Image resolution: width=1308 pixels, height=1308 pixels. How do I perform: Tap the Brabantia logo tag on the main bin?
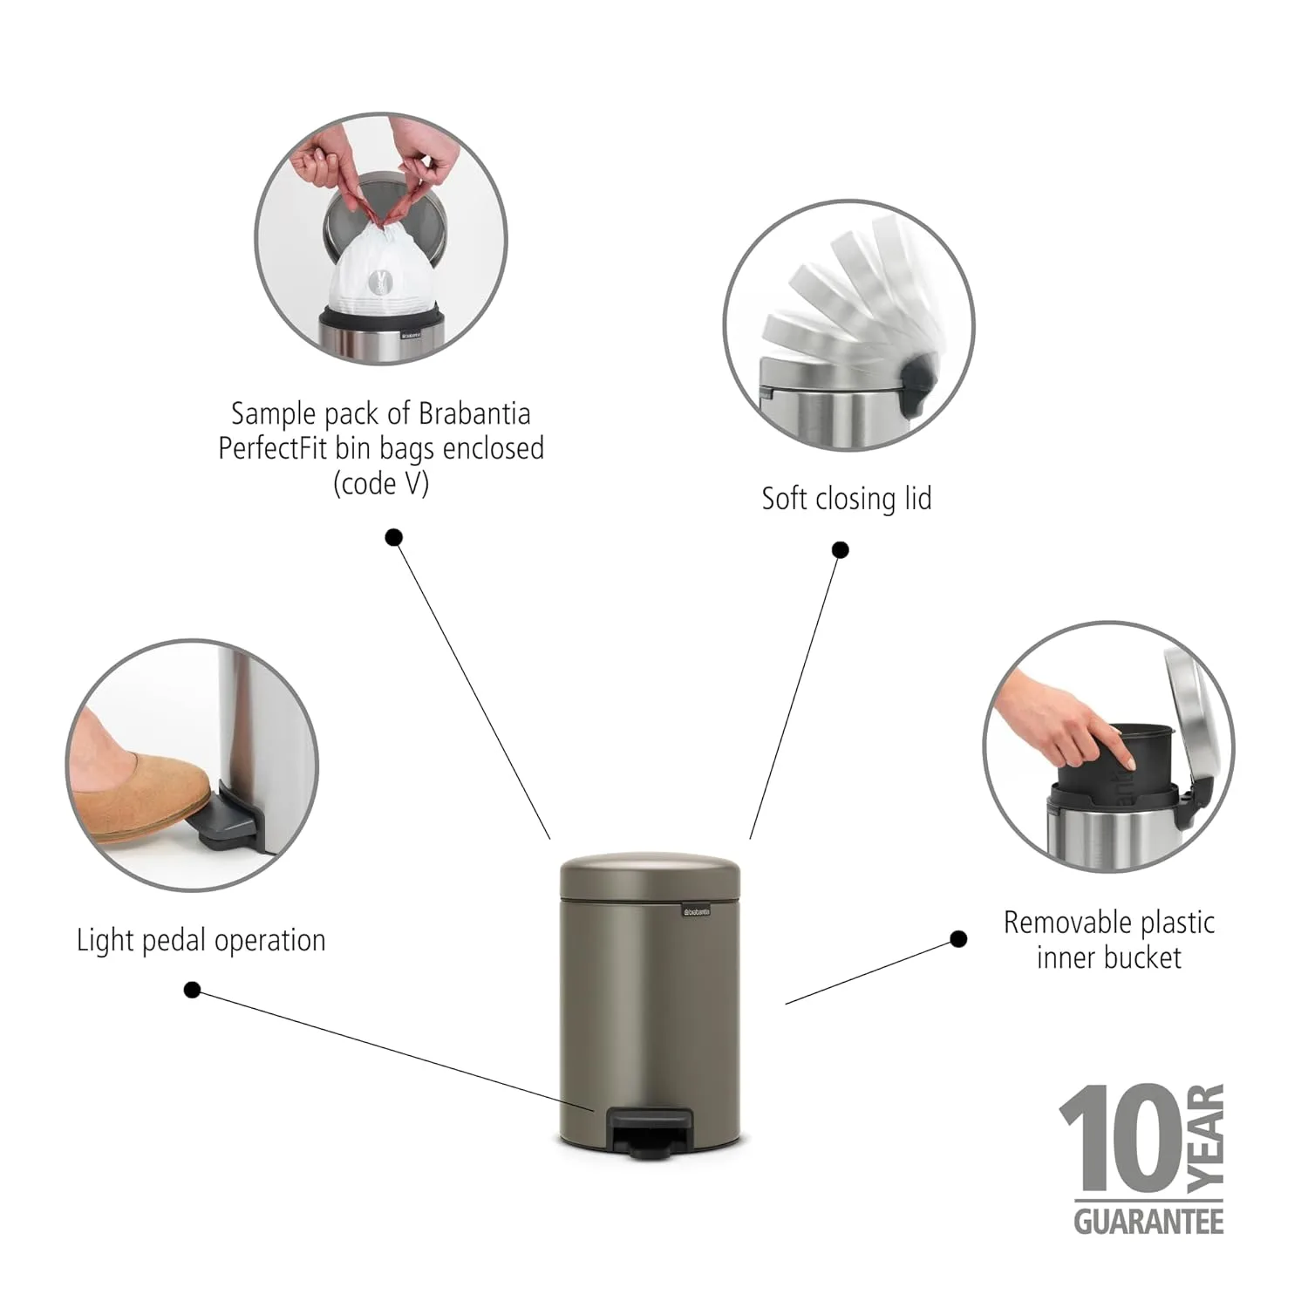696,911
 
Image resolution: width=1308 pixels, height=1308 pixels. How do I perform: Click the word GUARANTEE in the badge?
1148,1220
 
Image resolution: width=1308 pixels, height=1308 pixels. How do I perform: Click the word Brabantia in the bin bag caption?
474,412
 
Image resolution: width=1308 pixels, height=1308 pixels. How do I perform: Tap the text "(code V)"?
381,483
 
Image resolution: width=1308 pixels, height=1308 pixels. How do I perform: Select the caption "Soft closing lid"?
847,499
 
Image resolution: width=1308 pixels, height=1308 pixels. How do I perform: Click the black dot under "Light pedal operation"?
193,990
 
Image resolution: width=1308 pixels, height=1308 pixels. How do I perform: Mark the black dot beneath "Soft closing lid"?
840,549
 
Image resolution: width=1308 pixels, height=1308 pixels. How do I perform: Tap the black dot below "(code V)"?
393,537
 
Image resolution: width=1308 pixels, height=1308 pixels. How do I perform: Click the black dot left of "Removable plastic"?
958,939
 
